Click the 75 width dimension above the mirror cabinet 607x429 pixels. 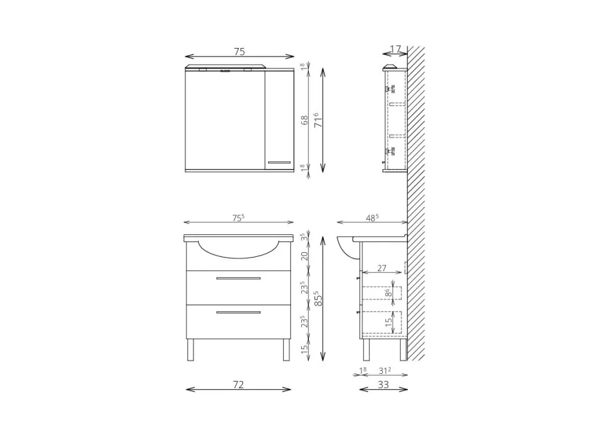[x=239, y=52]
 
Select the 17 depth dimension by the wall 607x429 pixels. [x=395, y=49]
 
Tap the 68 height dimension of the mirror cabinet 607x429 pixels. [x=305, y=120]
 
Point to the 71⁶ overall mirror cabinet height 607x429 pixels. [x=318, y=120]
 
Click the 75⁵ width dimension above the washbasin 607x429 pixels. [x=238, y=218]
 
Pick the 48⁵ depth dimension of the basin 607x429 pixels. [x=372, y=218]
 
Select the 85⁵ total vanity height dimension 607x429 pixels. [x=318, y=298]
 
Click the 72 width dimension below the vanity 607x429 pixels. [x=238, y=384]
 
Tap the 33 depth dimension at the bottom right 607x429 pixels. [x=383, y=384]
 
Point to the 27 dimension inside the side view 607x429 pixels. [x=382, y=268]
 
